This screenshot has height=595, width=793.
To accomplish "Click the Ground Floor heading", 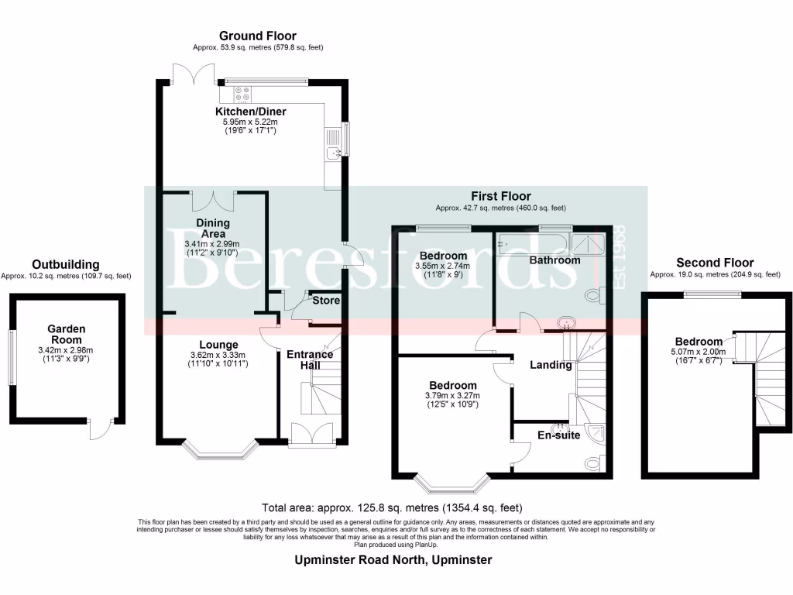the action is [257, 36].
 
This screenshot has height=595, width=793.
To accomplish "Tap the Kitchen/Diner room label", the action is [251, 112].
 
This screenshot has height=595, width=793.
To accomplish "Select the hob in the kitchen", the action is [242, 94].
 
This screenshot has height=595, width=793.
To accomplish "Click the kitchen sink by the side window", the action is [334, 152].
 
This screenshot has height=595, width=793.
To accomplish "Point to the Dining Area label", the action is [213, 229].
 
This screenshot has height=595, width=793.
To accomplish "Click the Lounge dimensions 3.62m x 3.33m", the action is [218, 355].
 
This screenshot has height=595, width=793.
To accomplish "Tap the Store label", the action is [326, 301].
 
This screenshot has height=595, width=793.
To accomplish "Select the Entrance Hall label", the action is [310, 359].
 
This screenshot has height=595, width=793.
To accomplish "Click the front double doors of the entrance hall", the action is [311, 435].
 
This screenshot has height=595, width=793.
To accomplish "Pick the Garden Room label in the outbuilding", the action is [67, 335].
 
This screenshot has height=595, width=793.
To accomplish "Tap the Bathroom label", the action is [554, 260].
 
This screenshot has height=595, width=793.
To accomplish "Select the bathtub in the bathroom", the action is [533, 244].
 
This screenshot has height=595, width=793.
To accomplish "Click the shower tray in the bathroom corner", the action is [587, 243].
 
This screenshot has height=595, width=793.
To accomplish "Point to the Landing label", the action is [551, 365].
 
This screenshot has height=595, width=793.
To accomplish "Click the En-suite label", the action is [559, 435].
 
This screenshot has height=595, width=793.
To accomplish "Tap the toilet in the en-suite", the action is [595, 463].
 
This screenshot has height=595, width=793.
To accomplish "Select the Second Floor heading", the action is [715, 263].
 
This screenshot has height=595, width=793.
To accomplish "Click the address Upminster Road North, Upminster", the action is [393, 560].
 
